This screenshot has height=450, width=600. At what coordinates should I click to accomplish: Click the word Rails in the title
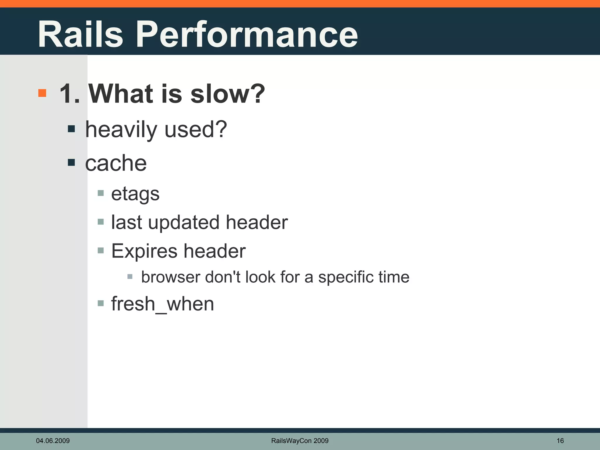(x=80, y=34)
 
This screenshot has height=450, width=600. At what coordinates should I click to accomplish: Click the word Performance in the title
(x=247, y=34)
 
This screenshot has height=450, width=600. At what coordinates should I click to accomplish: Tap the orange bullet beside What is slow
(x=42, y=93)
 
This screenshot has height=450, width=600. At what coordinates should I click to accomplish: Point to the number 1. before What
(x=69, y=94)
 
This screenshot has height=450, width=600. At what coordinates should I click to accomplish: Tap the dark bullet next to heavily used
(x=71, y=129)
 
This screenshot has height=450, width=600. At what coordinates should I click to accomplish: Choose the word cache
(x=116, y=163)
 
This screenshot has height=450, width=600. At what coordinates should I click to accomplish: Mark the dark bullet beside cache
(x=71, y=162)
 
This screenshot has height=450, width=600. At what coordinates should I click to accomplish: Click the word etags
(x=135, y=194)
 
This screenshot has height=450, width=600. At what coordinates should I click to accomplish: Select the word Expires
(x=144, y=251)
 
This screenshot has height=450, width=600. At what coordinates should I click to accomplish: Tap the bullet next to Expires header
(x=101, y=250)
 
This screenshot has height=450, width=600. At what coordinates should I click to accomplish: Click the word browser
(x=171, y=277)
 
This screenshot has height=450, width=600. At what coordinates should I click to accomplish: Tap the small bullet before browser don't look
(x=130, y=276)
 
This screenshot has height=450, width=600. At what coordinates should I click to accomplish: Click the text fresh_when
(x=163, y=304)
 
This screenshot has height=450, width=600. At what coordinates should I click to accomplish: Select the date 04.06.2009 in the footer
(x=53, y=441)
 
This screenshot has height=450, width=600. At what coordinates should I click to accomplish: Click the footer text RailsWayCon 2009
(x=300, y=441)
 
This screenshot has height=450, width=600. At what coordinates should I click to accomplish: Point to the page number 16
(x=560, y=441)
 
